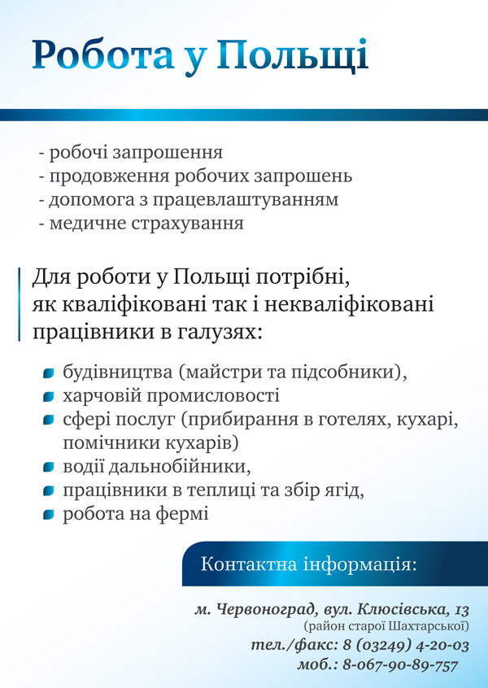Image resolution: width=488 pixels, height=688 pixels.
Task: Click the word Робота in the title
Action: [102, 54]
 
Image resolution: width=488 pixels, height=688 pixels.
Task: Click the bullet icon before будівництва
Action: [49, 373]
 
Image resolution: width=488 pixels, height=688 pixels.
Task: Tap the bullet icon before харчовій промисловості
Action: [49, 397]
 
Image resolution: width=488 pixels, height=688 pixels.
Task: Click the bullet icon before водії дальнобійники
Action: [49, 468]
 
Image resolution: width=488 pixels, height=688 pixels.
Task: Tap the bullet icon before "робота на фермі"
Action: [49, 515]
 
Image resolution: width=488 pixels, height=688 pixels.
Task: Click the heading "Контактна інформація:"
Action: [308, 564]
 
